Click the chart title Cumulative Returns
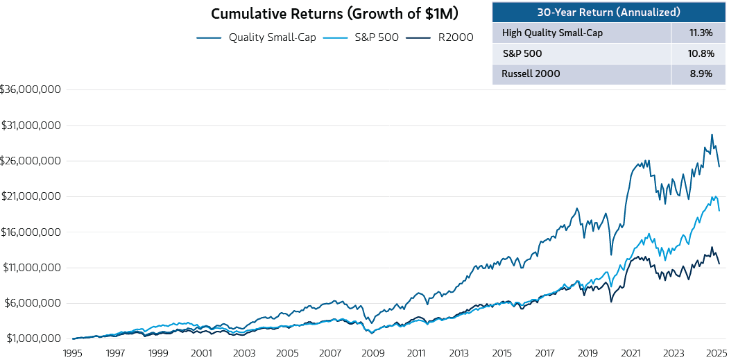click(334, 14)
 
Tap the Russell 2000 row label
click(531, 74)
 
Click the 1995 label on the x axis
click(73, 352)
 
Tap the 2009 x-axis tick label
click(373, 352)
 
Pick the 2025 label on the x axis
click(716, 352)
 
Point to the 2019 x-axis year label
click(588, 352)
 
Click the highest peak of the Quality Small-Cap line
click(712, 135)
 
